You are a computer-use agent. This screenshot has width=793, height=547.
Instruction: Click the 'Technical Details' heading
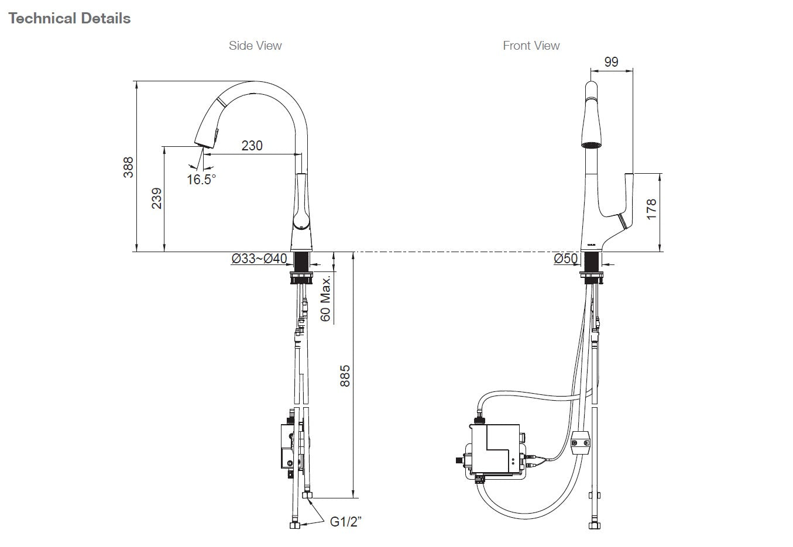click(x=70, y=19)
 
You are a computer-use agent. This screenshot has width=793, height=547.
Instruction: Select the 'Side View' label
click(x=255, y=46)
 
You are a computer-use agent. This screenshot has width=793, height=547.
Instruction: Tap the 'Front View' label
click(x=531, y=46)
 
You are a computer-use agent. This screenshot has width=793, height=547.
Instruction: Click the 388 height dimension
click(x=128, y=167)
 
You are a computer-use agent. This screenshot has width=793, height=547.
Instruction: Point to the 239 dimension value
click(x=156, y=199)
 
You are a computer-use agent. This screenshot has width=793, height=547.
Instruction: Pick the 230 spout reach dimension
click(x=252, y=146)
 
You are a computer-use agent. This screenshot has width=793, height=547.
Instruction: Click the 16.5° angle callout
click(x=201, y=180)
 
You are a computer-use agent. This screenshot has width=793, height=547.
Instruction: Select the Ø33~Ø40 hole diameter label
click(x=259, y=259)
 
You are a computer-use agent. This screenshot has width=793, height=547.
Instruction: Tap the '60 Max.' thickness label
click(x=325, y=298)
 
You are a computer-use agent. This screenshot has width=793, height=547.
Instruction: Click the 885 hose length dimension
click(x=345, y=376)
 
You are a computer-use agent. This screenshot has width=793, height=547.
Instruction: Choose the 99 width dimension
click(x=610, y=62)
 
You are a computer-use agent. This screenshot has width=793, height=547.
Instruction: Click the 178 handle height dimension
click(x=651, y=209)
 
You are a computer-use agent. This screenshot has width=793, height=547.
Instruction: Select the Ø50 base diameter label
click(x=566, y=259)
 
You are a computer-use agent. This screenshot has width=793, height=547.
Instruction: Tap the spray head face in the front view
click(x=591, y=143)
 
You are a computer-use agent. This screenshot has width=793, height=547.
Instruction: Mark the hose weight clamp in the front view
click(x=581, y=443)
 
